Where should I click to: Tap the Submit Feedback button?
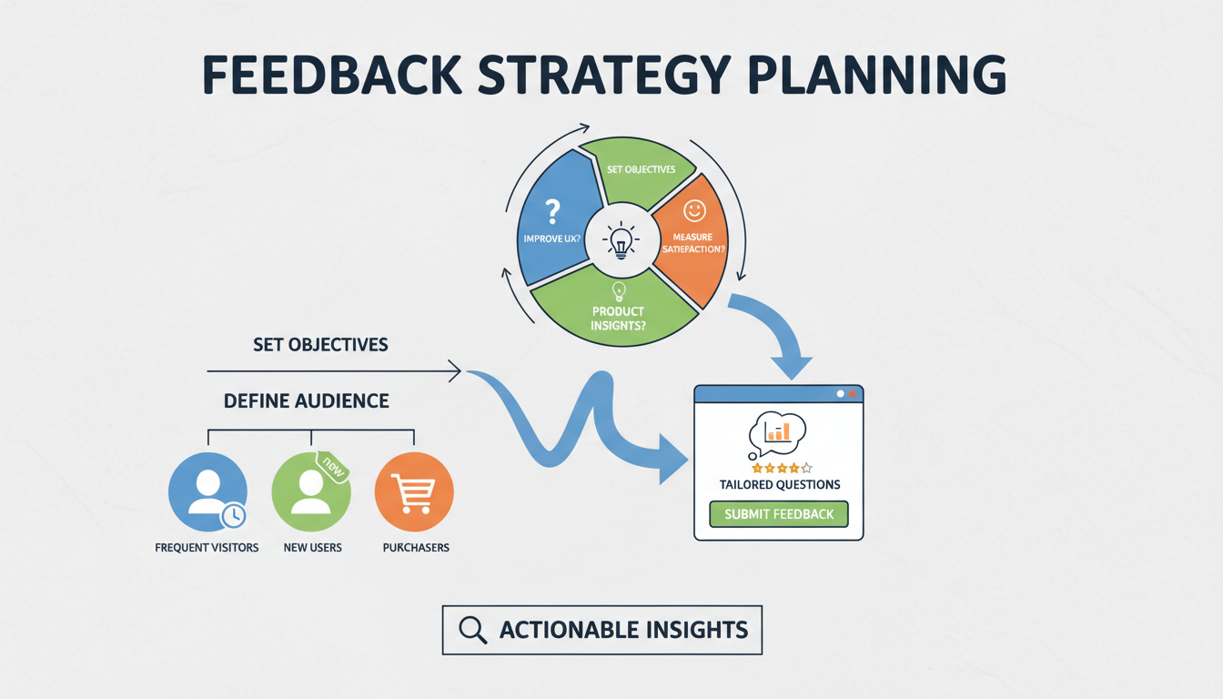point(778,514)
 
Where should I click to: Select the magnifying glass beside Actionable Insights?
point(472,630)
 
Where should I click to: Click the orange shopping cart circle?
point(414,491)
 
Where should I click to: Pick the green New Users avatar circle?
point(310,492)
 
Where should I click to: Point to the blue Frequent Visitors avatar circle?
point(207,491)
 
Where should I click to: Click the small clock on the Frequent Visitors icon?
point(234,516)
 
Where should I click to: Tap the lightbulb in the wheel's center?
point(622,241)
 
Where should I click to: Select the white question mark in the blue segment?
point(551,213)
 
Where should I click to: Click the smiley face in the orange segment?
point(694,211)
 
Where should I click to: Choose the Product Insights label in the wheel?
point(619,319)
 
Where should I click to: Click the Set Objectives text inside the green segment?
point(641,169)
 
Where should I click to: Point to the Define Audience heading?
point(307,401)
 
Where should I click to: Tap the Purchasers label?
point(416,548)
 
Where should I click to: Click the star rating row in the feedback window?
point(781,468)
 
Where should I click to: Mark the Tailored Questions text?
point(780,485)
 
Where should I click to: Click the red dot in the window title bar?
point(853,394)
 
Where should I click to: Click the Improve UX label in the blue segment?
point(552,238)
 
